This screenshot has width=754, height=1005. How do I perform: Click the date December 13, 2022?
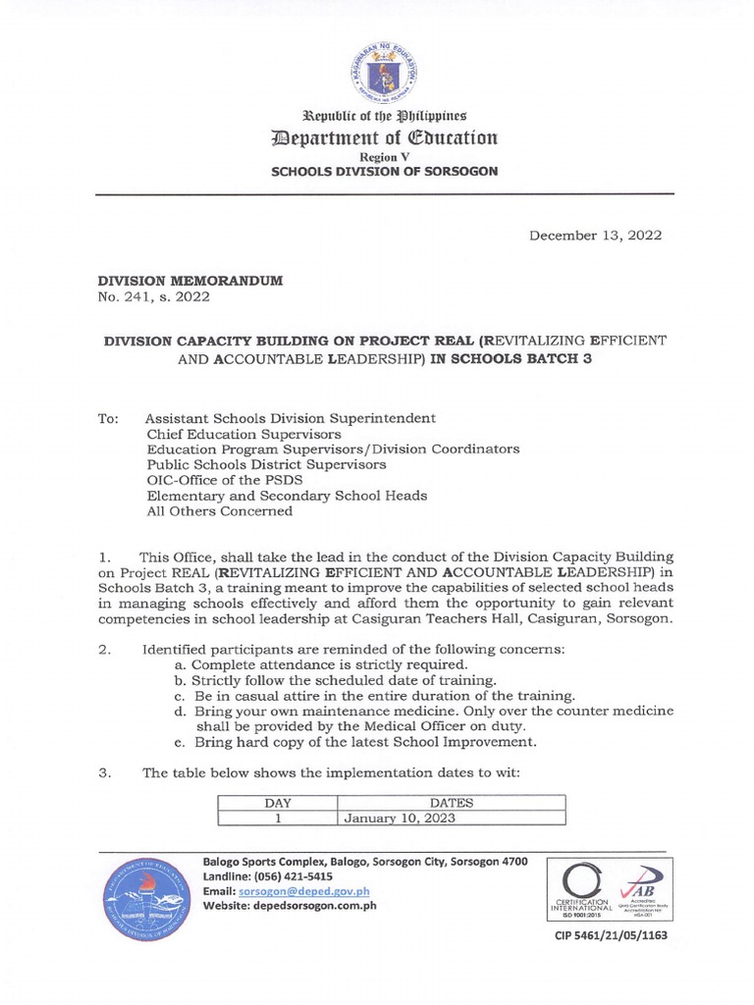pyautogui.click(x=595, y=236)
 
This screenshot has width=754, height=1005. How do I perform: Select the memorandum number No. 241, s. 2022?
pyautogui.click(x=152, y=296)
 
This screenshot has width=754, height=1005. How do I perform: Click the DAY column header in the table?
pyautogui.click(x=279, y=803)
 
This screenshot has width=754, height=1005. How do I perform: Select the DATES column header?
pyautogui.click(x=453, y=803)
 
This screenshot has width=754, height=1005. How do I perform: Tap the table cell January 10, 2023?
pyautogui.click(x=400, y=818)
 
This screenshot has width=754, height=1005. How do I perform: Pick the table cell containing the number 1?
pyautogui.click(x=279, y=818)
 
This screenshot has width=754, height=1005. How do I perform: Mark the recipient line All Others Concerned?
pyautogui.click(x=219, y=511)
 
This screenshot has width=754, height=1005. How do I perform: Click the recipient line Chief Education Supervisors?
pyautogui.click(x=243, y=433)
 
